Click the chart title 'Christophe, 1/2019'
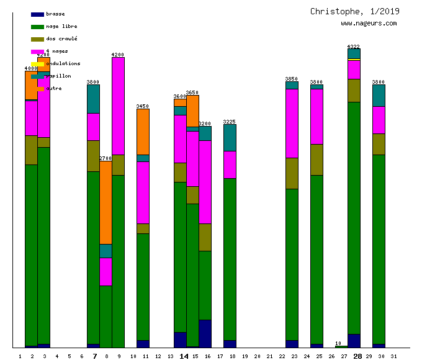click(355, 11)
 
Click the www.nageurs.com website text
click(369, 23)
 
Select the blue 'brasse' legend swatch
click(37, 14)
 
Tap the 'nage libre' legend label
click(61, 26)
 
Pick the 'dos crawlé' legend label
click(61, 38)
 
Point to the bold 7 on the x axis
click(94, 356)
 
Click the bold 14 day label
click(184, 356)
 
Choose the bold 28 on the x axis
click(357, 356)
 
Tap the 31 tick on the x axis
click(393, 356)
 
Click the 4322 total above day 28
click(354, 47)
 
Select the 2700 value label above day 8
click(105, 158)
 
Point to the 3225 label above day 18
click(230, 122)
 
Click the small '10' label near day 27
click(338, 343)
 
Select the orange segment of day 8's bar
click(105, 202)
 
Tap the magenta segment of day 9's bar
click(118, 106)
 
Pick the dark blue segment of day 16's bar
click(205, 333)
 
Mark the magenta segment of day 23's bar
click(292, 123)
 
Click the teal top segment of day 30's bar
click(379, 95)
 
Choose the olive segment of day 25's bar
click(316, 160)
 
